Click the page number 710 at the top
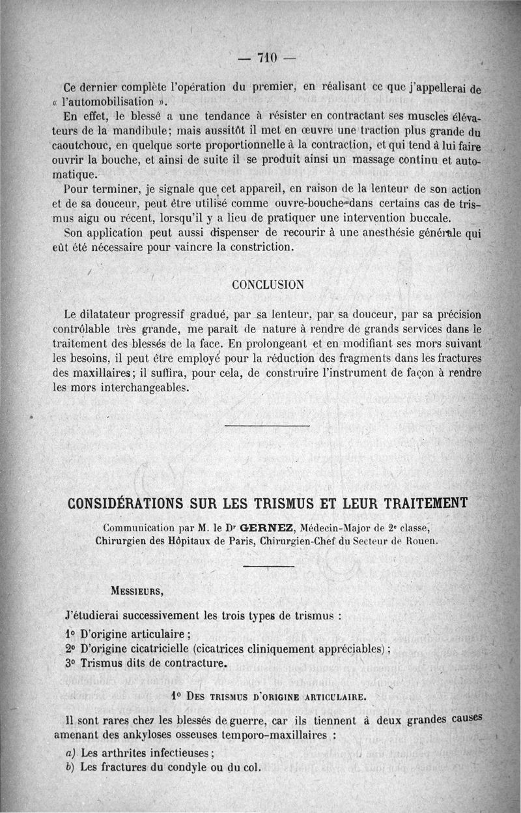click(x=267, y=57)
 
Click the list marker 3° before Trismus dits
click(x=71, y=664)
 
